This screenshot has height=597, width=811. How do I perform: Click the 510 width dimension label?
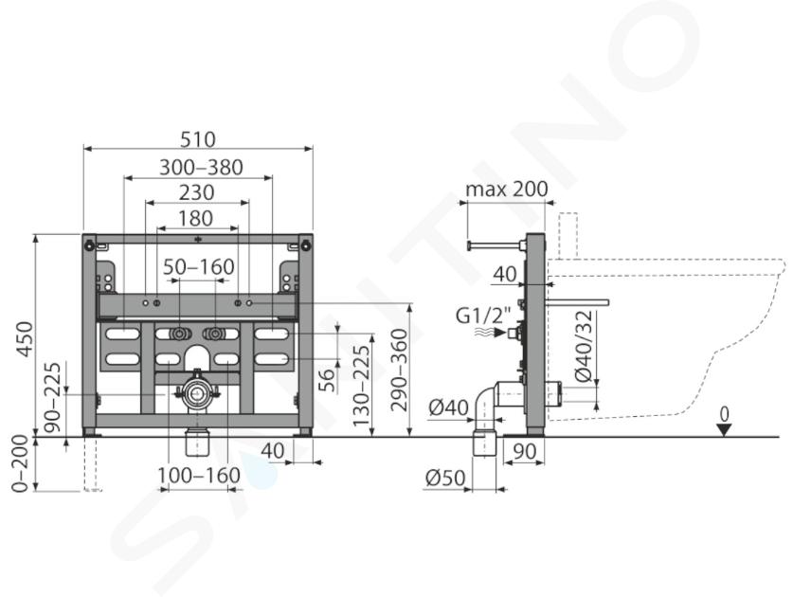[x=198, y=139]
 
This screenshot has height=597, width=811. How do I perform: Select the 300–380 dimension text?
[x=201, y=168]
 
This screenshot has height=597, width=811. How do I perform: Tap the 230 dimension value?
[x=196, y=193]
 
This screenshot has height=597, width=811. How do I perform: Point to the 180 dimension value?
[x=195, y=218]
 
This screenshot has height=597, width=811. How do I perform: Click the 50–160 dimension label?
[x=199, y=267]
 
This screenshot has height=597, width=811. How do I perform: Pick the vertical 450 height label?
[x=25, y=339]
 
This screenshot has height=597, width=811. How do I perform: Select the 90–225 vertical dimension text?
[x=52, y=397]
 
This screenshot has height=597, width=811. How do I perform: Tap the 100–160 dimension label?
[x=199, y=476]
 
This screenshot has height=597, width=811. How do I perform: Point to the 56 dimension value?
[x=327, y=379]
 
